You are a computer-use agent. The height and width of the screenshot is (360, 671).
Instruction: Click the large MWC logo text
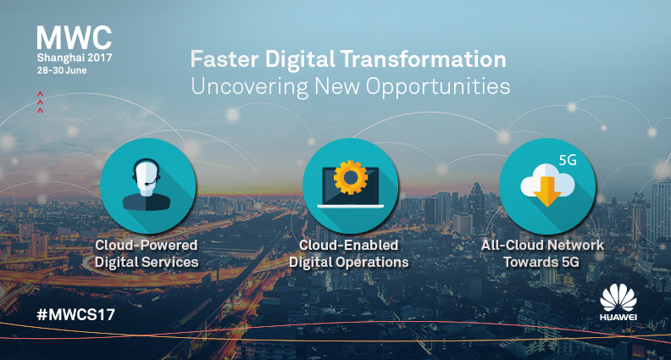75,37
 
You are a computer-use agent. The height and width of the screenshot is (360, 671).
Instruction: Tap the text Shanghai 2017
75,58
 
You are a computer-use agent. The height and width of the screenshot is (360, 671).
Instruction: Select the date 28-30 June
62,70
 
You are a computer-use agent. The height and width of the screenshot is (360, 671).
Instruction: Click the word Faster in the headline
225,59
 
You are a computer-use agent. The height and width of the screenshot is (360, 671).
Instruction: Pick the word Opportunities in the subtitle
438,87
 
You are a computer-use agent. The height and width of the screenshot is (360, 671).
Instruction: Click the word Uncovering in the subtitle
249,86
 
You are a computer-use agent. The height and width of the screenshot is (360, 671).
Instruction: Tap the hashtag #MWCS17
75,314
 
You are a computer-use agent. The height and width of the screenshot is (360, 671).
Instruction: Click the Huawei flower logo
618,297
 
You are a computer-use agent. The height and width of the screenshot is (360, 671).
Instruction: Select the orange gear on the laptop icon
351,178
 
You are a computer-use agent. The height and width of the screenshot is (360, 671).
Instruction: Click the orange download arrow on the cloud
547,191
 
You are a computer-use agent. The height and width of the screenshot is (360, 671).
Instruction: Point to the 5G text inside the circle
568,160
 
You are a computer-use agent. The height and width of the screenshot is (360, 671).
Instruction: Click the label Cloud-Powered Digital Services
147,253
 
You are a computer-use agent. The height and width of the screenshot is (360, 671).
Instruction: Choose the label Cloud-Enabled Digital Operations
349,253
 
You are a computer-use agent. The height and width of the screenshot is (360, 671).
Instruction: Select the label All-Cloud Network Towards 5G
542,253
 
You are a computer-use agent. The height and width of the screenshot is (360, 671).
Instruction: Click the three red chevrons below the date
40,102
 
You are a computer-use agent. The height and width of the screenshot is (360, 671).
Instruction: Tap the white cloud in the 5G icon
548,182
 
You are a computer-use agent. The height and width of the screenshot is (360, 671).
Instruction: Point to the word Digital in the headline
300,59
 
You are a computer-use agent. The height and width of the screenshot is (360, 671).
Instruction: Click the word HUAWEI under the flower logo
618,317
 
